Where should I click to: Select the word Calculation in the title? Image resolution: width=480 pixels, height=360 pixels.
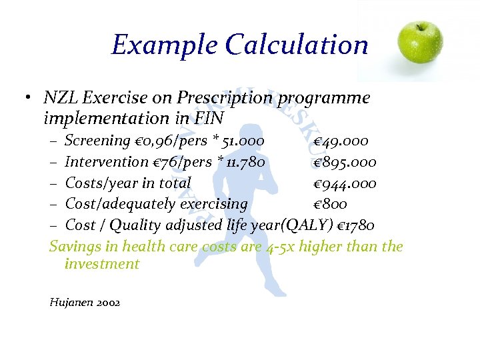[x=297, y=45]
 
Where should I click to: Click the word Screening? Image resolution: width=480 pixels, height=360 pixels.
[x=97, y=141]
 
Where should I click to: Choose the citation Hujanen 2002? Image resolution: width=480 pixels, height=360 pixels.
[x=85, y=302]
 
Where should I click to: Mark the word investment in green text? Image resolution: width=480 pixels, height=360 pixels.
[x=102, y=263]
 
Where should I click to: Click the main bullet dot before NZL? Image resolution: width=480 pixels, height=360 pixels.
[x=24, y=99]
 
